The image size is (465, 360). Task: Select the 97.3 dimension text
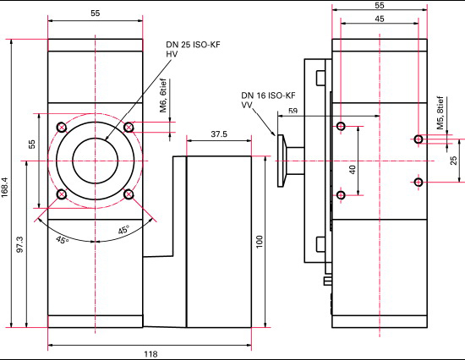coord(20,244)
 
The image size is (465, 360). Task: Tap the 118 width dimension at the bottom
coord(150,354)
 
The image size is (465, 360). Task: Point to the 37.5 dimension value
coord(219,134)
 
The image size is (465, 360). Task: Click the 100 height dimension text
coord(260,242)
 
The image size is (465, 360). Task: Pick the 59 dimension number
coord(293,111)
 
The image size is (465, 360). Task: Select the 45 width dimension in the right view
coord(380,19)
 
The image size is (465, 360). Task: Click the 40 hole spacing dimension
coord(353,170)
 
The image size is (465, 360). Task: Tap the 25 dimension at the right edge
coord(453,161)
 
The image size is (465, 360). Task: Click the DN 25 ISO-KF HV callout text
coord(193,49)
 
